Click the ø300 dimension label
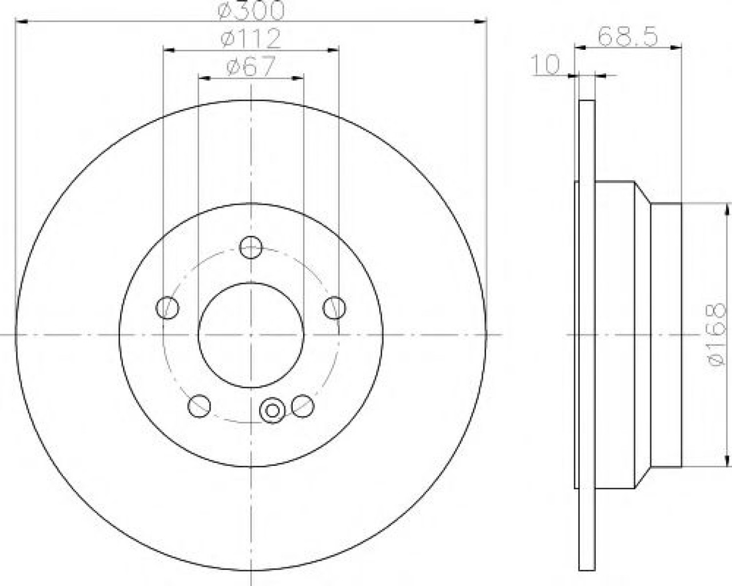tap(250, 10)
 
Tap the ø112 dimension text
tap(250, 38)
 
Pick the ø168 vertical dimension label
tap(718, 335)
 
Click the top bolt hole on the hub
tap(250, 247)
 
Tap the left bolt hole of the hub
tap(167, 308)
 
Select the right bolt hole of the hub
tap(334, 308)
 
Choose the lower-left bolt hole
tap(199, 406)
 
